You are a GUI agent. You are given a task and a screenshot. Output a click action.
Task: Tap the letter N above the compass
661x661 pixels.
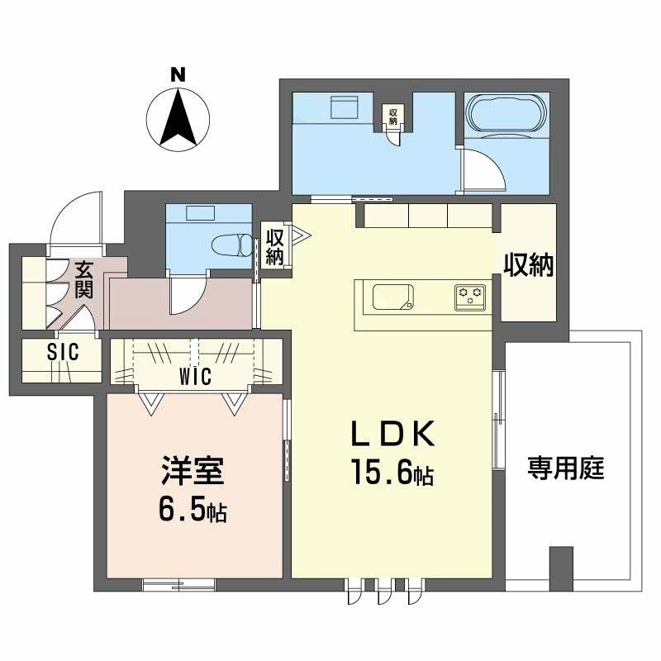tap(176, 74)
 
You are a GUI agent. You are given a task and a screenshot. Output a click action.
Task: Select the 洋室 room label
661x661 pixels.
tap(192, 476)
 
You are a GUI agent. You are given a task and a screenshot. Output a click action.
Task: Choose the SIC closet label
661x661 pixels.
tap(62, 353)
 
